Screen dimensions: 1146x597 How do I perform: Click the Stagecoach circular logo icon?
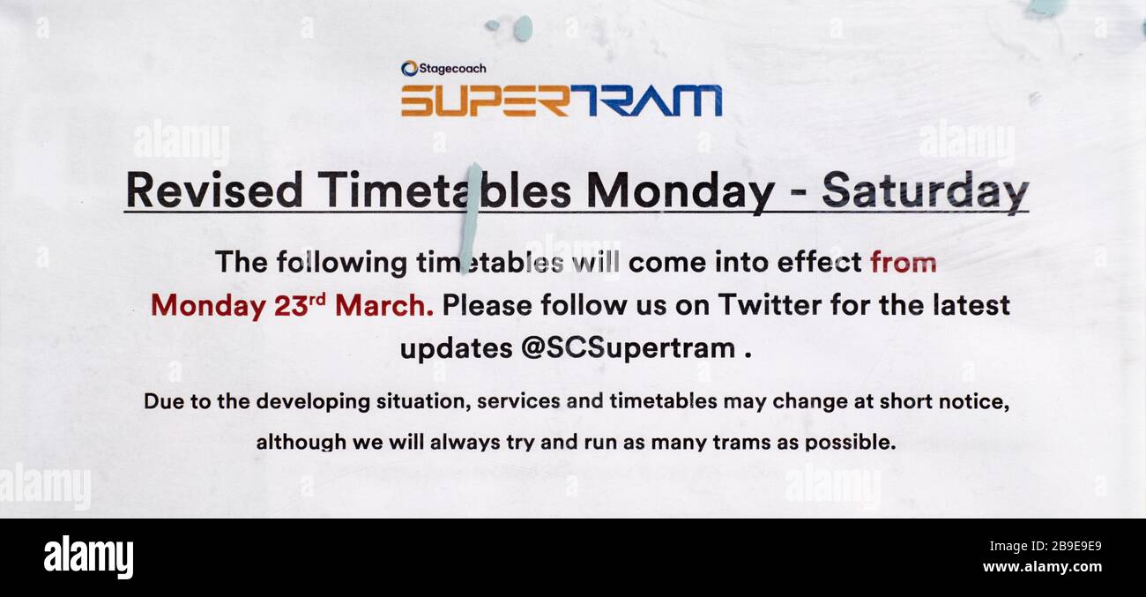(409, 69)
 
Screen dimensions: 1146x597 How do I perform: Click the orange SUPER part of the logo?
(485, 101)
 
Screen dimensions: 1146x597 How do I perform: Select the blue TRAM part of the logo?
(645, 101)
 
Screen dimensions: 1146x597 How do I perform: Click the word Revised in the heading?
(214, 190)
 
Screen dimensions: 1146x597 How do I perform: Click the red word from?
(904, 262)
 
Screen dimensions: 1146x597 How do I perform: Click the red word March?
(384, 305)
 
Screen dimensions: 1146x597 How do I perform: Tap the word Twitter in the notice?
(770, 305)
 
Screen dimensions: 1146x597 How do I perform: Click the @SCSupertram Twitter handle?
(629, 349)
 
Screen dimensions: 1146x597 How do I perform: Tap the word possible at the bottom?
(851, 443)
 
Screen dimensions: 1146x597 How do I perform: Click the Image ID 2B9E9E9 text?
(1046, 547)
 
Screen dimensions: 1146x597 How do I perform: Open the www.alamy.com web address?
(1042, 567)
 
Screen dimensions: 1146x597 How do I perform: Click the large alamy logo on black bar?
(88, 557)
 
